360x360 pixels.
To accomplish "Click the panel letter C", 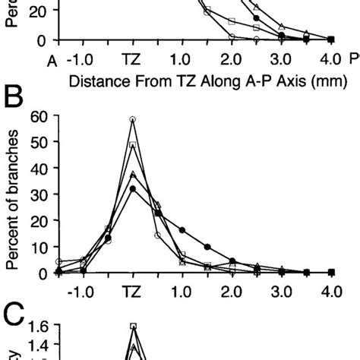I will pyautogui.click(x=14, y=312).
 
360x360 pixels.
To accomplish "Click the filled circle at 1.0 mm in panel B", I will pyautogui.click(x=182, y=230).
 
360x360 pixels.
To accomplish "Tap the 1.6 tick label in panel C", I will pyautogui.click(x=39, y=327).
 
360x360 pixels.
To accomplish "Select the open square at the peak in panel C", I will pyautogui.click(x=133, y=327).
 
